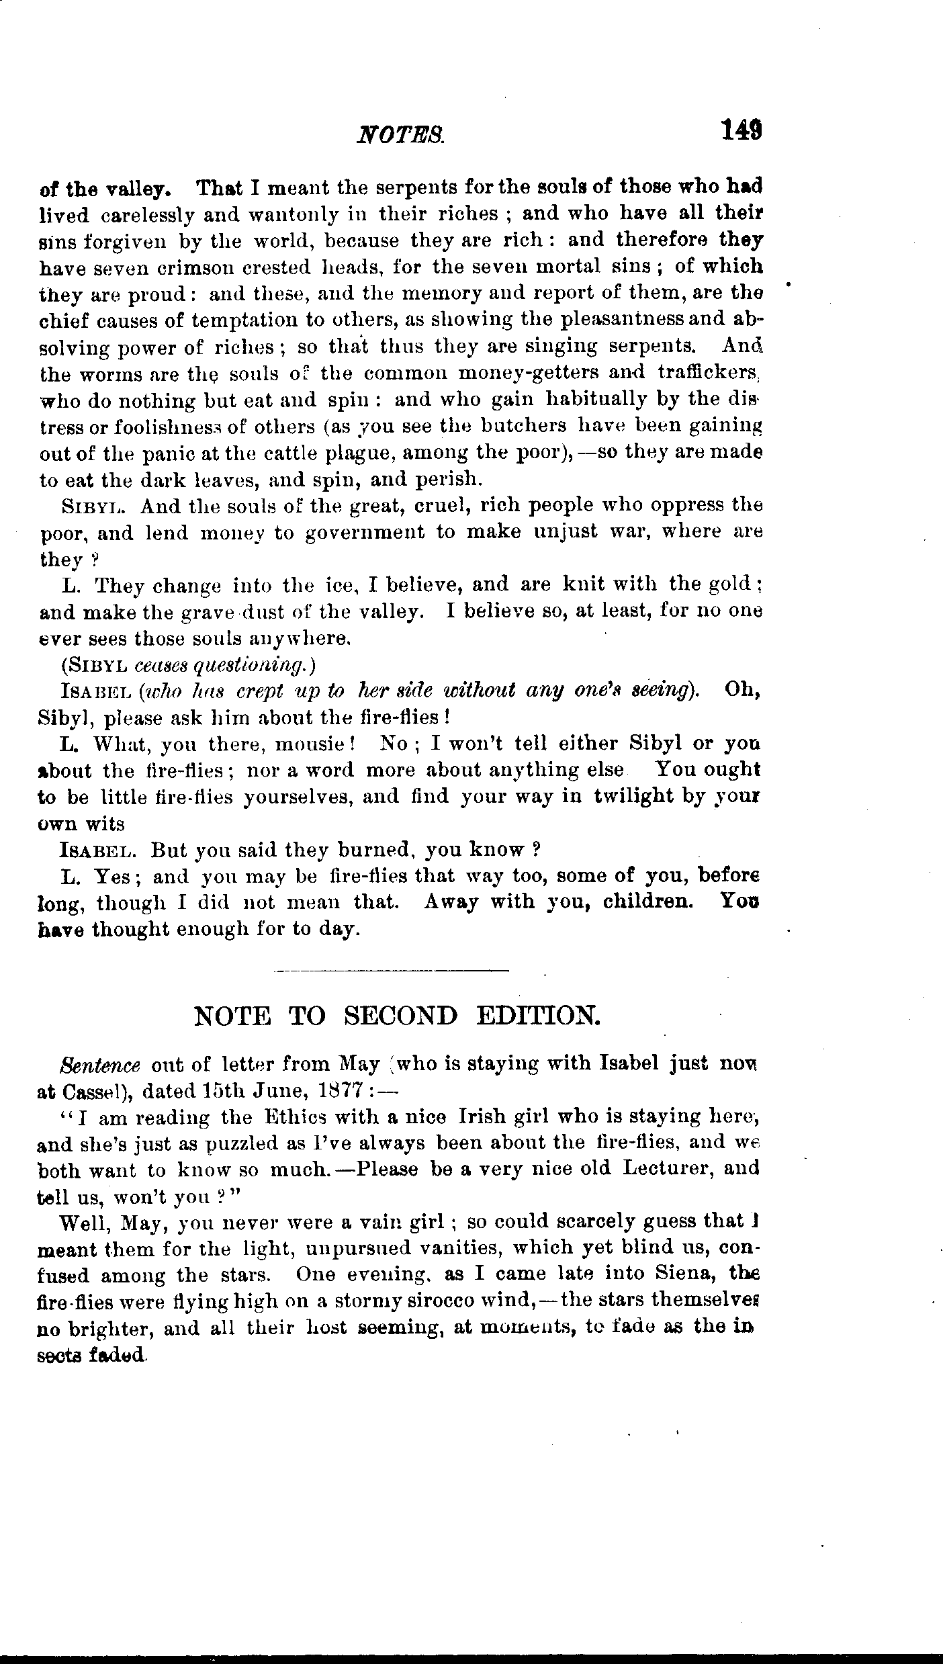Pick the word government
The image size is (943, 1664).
pyautogui.click(x=365, y=533)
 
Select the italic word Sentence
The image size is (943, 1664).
pyautogui.click(x=100, y=1065)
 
